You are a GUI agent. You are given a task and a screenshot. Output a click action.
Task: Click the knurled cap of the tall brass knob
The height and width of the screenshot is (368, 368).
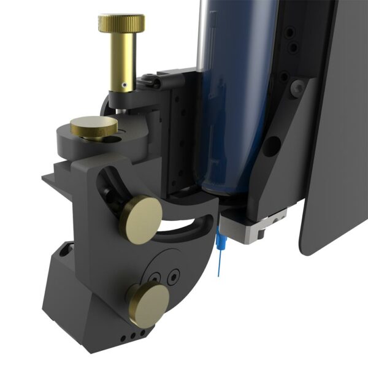(x=121, y=23)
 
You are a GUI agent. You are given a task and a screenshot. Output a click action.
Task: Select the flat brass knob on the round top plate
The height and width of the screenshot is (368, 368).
(x=94, y=127)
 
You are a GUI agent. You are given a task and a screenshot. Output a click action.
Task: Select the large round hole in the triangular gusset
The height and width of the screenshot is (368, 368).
(x=274, y=145)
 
